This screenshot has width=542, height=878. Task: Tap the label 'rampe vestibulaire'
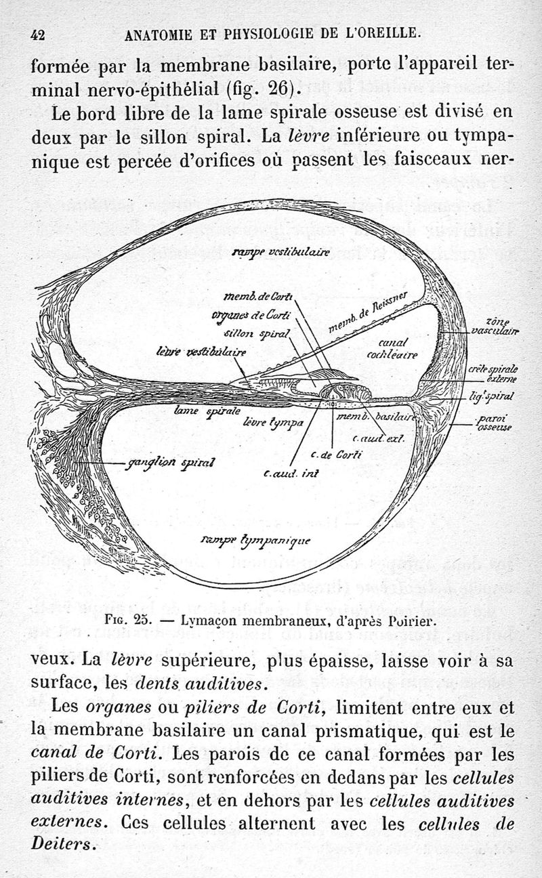pos(280,253)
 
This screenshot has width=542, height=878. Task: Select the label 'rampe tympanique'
pos(256,540)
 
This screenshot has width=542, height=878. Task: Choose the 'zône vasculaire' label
pos(502,326)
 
